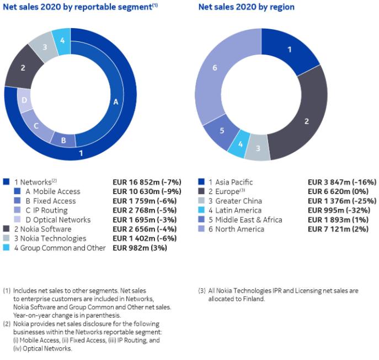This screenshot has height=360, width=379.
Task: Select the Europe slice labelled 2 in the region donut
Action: coord(307,121)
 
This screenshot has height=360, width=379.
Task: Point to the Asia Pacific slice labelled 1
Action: coord(290,50)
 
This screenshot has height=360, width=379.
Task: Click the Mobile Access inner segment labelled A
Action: coord(115,102)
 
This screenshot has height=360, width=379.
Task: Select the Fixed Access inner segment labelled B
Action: coord(64,141)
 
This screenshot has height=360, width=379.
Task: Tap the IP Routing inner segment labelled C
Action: coord(36,125)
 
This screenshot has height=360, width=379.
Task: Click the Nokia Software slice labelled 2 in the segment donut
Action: coord(23,68)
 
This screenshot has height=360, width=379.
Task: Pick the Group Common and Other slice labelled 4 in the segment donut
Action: coord(62,40)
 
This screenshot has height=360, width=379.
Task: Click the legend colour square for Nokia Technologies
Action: coord(6,238)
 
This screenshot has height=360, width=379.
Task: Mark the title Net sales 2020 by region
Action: coord(246,7)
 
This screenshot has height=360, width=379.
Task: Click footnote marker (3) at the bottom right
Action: coord(202,290)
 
